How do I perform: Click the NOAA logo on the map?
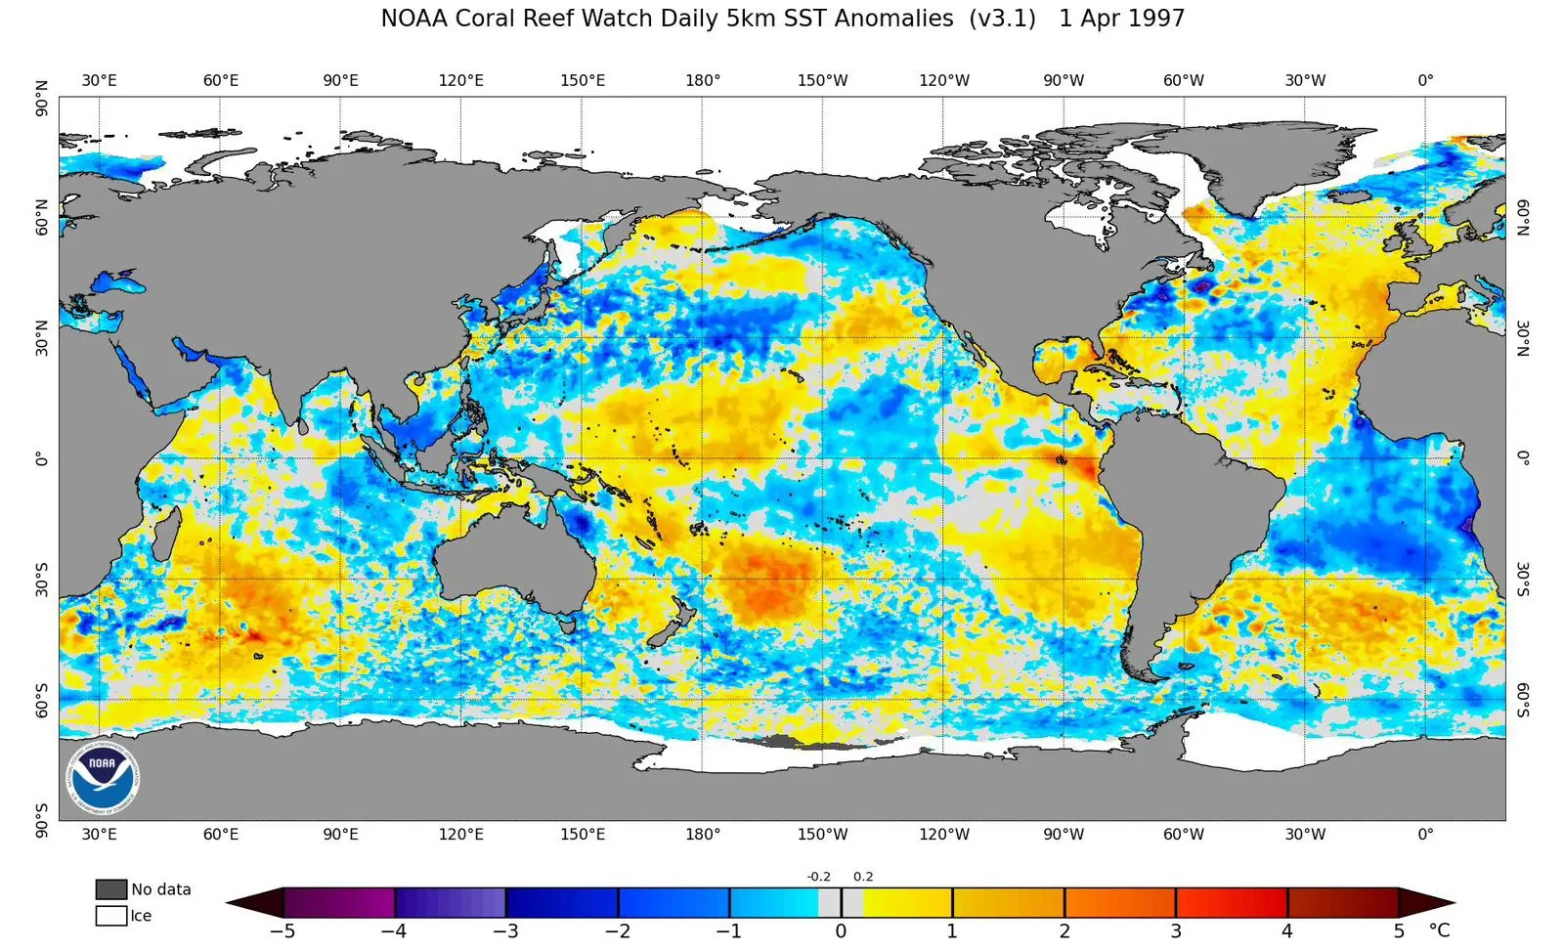103,778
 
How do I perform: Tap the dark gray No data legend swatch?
111,889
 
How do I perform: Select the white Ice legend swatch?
111,916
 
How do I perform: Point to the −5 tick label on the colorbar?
282,931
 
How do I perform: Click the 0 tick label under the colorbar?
841,931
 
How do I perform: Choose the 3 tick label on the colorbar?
1176,931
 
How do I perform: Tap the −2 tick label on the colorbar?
617,931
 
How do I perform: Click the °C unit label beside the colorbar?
1439,930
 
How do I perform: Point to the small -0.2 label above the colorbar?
818,877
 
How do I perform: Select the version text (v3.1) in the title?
1002,19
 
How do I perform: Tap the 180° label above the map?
702,80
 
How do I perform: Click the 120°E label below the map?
460,835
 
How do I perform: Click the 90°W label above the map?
1063,80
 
